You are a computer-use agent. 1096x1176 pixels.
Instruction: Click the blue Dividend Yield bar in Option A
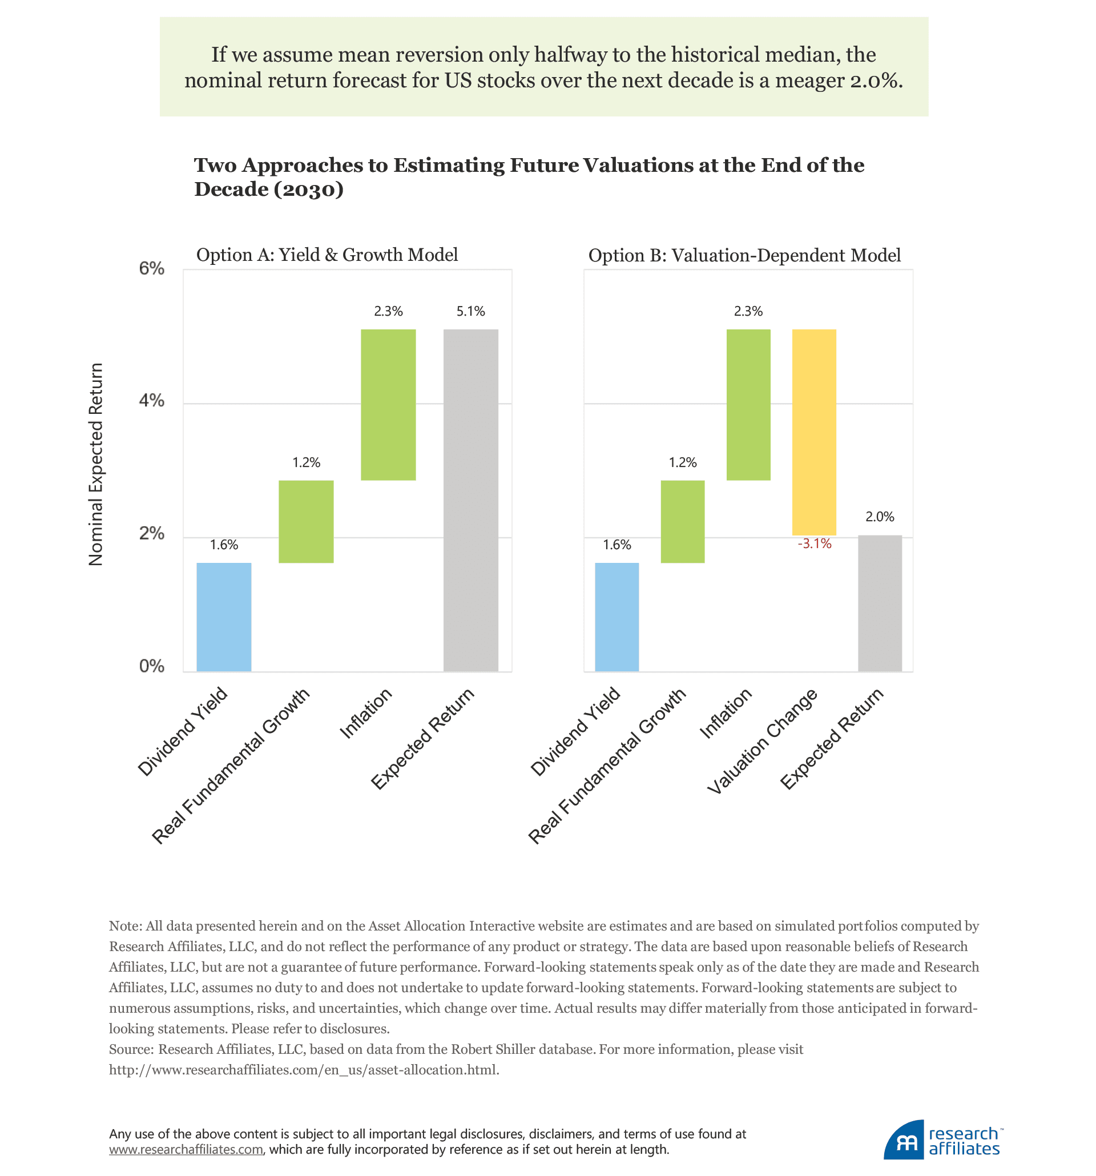[x=224, y=617]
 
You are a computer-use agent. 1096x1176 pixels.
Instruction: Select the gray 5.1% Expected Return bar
[x=470, y=500]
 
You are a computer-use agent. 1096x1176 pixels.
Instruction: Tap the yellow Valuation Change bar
[x=813, y=432]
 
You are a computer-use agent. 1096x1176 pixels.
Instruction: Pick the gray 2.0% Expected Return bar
[x=879, y=603]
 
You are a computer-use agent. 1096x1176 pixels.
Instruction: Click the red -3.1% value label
[x=814, y=543]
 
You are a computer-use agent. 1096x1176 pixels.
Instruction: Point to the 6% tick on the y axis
[x=151, y=268]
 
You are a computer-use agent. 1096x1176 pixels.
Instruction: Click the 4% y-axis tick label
[x=151, y=401]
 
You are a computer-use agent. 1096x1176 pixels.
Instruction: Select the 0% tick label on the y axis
[x=151, y=666]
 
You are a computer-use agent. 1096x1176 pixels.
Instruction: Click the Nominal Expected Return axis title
[x=96, y=464]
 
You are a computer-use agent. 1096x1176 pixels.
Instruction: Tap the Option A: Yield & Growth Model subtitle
[x=327, y=255]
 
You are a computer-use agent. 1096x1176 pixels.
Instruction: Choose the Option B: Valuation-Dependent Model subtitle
[x=744, y=256]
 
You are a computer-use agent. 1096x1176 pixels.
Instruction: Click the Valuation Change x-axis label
[x=763, y=742]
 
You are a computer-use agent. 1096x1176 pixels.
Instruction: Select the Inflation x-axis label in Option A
[x=366, y=714]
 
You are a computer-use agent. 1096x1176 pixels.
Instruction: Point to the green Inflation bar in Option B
[x=748, y=405]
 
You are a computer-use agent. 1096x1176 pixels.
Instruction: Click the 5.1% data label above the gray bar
[x=470, y=311]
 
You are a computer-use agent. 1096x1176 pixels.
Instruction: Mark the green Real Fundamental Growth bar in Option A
[x=306, y=521]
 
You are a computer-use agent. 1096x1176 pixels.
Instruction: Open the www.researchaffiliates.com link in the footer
[x=186, y=1149]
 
